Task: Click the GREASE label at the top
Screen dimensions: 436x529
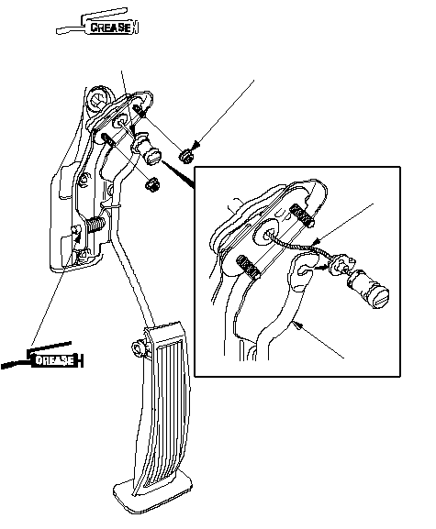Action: pos(110,28)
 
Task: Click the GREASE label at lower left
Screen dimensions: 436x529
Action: pos(54,360)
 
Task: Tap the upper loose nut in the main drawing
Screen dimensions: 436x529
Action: pos(185,156)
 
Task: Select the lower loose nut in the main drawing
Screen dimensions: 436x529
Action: pos(152,184)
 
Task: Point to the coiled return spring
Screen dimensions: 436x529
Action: pos(95,225)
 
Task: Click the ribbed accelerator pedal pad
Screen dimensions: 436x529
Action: pos(163,405)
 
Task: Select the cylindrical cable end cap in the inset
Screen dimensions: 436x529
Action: pos(369,289)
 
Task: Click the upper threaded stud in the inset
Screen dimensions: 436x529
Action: pos(302,215)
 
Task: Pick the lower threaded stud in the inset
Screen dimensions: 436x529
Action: pos(248,267)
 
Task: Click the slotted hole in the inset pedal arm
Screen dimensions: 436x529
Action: pos(305,269)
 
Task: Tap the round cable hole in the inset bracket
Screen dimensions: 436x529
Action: pos(269,232)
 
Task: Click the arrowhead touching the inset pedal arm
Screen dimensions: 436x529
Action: pos(297,325)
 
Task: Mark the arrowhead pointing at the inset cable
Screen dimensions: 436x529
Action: pos(316,241)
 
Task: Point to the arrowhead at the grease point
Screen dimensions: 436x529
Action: pos(78,238)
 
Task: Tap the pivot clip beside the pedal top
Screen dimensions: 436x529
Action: pos(140,348)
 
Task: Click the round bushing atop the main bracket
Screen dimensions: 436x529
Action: pos(97,99)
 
